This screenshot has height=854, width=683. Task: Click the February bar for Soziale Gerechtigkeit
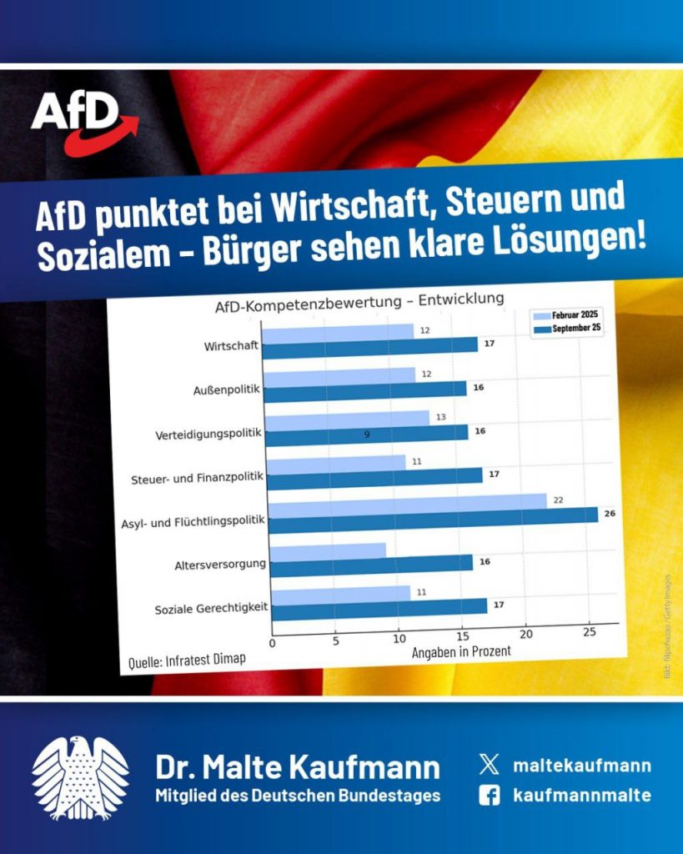pos(341,595)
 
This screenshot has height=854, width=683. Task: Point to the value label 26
pos(610,513)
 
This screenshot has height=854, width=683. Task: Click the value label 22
pos(559,499)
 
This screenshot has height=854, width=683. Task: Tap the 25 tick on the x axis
pos(590,632)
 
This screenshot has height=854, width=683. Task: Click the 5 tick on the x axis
pos(336,640)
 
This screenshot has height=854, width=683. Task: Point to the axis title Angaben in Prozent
pos(460,651)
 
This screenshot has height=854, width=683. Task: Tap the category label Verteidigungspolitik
pos(208,435)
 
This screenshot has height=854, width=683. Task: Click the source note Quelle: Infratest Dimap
pos(187,661)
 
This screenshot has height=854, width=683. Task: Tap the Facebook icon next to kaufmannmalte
pos(490,796)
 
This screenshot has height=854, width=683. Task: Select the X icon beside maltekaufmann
pos(490,764)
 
